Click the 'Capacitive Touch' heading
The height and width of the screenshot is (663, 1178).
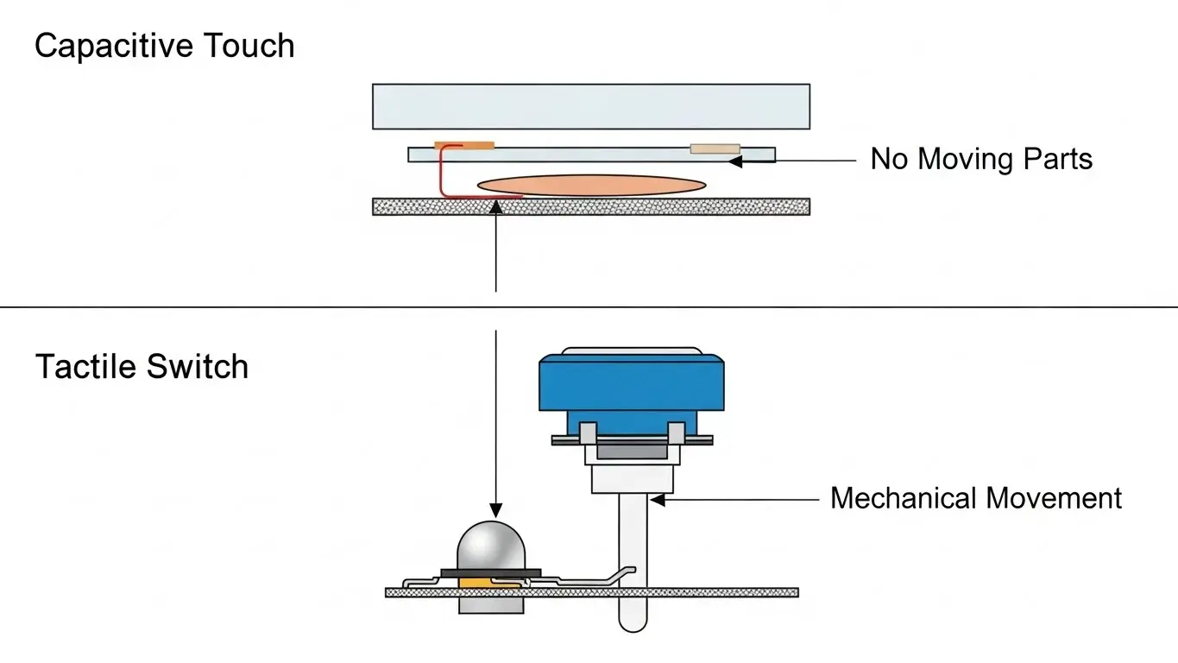tap(164, 46)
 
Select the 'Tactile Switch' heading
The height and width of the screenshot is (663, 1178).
tap(142, 367)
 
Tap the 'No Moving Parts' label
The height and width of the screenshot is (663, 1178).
tap(981, 159)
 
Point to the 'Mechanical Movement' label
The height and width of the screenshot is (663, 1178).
tap(975, 498)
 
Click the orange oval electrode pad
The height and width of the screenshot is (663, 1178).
tap(591, 185)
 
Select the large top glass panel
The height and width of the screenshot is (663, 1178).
tap(591, 106)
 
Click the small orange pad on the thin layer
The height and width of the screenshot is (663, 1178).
tap(464, 144)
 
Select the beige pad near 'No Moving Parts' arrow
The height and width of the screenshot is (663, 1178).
tap(715, 148)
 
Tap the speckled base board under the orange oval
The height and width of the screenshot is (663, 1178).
tap(591, 206)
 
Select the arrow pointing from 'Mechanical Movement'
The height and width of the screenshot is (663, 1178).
tap(734, 499)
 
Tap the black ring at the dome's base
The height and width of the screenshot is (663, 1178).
tap(490, 571)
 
